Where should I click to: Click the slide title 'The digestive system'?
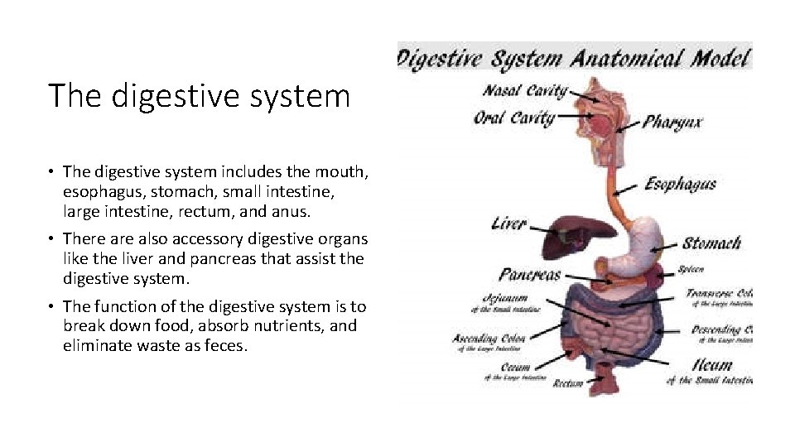[x=199, y=96]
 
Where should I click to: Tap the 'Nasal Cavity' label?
[x=525, y=92]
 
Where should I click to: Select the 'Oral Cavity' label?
[x=513, y=118]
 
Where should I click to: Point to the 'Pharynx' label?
[x=672, y=123]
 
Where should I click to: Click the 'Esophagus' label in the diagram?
[x=680, y=183]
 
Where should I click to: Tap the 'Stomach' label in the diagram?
[x=711, y=243]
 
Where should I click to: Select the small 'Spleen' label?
[x=691, y=269]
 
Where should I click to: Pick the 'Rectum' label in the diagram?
[x=568, y=382]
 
